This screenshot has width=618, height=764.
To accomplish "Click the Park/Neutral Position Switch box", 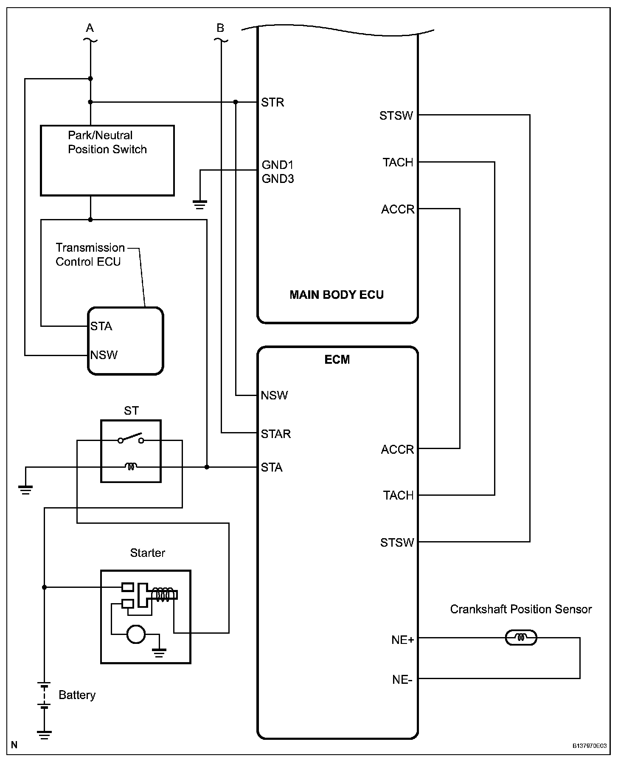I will point(107,160).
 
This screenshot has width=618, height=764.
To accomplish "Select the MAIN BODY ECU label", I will point(337,295).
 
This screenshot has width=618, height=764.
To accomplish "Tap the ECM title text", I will point(337,360).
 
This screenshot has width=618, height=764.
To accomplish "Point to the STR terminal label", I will point(272,102).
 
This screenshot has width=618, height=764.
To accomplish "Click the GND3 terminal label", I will point(278,179).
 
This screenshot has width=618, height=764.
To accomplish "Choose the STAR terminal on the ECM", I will point(275,434).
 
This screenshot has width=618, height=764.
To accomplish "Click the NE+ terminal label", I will point(402,640).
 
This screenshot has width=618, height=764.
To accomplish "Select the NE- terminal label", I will point(402,680).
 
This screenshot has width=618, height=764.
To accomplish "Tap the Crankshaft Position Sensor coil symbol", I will point(521,638).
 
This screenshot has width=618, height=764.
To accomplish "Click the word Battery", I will point(77,695).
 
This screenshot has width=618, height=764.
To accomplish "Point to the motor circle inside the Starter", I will point(136,635).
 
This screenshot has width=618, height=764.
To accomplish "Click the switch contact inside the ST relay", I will point(131,438).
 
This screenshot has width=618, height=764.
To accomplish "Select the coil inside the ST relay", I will point(131,467).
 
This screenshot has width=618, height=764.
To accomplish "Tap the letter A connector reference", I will point(90,28).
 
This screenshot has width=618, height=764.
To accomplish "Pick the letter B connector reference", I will point(220,28).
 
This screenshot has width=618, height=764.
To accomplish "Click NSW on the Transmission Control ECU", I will point(104,355).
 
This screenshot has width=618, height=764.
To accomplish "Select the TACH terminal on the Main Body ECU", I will point(398,162).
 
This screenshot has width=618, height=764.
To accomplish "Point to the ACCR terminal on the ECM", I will point(397,449).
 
